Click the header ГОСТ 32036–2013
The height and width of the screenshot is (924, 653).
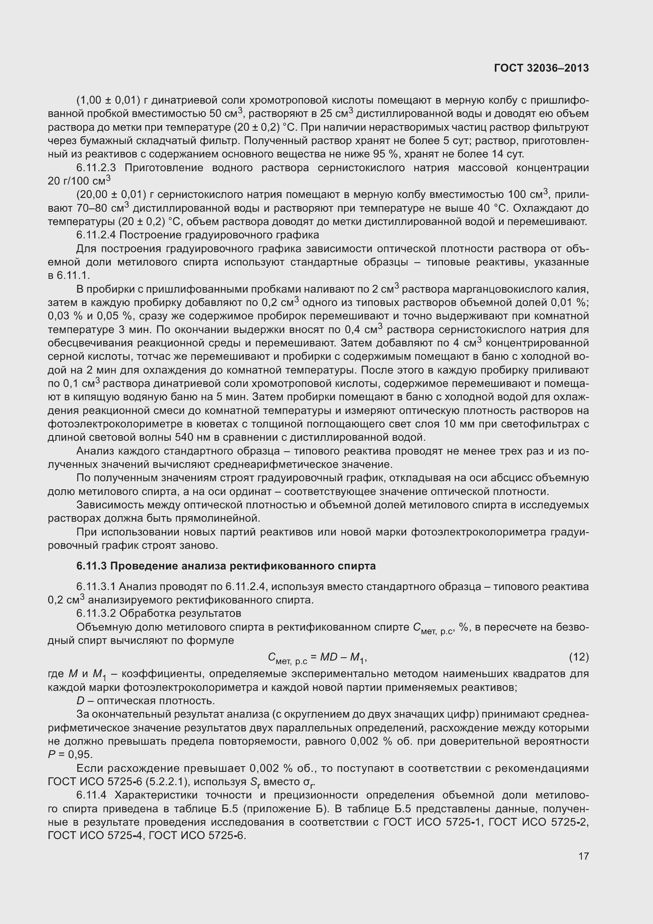point(541,68)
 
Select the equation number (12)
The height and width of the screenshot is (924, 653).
point(579,657)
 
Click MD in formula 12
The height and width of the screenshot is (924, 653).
point(329,657)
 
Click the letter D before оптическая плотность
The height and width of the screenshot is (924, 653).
point(80,701)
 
